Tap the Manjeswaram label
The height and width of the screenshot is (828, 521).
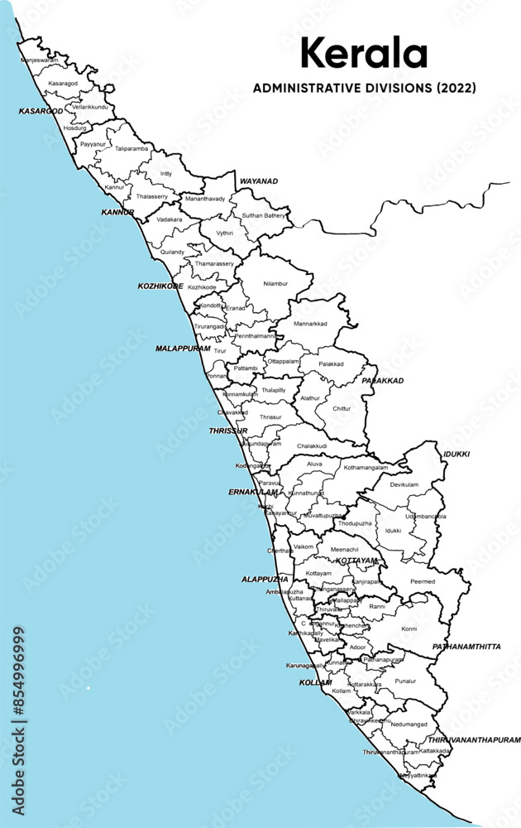[x=39, y=60]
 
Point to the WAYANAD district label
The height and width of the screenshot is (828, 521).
[x=259, y=181]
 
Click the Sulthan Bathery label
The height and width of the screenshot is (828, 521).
[x=264, y=215]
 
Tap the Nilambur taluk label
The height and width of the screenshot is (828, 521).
[x=275, y=283]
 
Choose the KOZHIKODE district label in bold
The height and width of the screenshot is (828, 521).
[x=160, y=286]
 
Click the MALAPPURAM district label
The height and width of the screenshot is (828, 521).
[x=183, y=349]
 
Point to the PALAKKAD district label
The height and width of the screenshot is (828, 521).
[x=382, y=381]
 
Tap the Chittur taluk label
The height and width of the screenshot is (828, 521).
[x=341, y=408]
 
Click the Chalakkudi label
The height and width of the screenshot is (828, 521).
[x=313, y=446]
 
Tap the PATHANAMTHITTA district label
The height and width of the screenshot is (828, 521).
[x=468, y=647]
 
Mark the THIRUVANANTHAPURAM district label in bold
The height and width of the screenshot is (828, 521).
[x=474, y=739]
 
